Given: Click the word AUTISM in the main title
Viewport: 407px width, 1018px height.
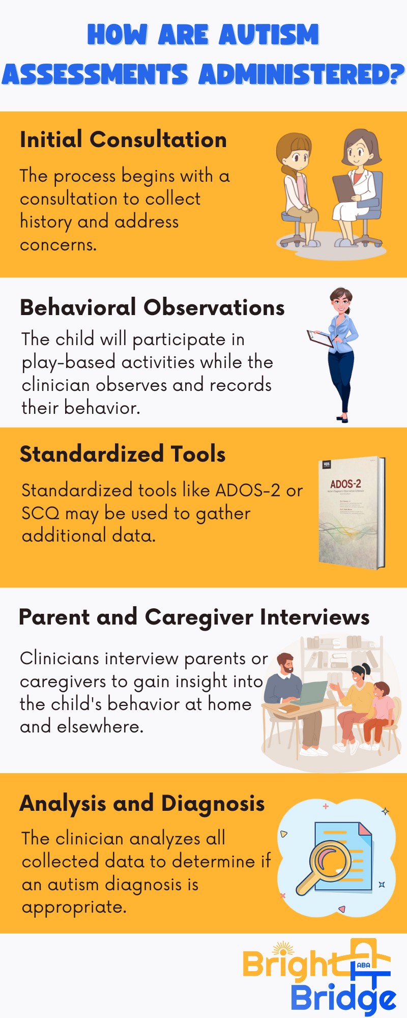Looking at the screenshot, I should click(269, 35).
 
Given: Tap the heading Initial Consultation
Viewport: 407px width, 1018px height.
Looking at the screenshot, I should click(123, 140).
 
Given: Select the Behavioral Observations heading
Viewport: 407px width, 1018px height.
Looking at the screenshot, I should click(152, 307).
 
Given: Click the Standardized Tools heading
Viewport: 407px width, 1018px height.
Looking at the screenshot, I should click(123, 454).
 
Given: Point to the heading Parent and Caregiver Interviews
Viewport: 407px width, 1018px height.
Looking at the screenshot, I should click(194, 617).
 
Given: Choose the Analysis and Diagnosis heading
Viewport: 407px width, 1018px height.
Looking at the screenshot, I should click(142, 804).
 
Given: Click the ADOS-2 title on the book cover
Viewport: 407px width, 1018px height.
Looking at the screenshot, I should click(345, 484).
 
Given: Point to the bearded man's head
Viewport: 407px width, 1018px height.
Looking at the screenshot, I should click(285, 664).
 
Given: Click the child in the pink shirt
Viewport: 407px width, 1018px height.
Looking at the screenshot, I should click(380, 708).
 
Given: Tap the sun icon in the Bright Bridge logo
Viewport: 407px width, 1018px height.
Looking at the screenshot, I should click(283, 950).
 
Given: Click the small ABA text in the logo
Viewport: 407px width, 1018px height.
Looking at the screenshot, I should click(364, 965).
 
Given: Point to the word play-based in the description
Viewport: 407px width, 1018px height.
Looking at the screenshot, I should click(69, 362).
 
